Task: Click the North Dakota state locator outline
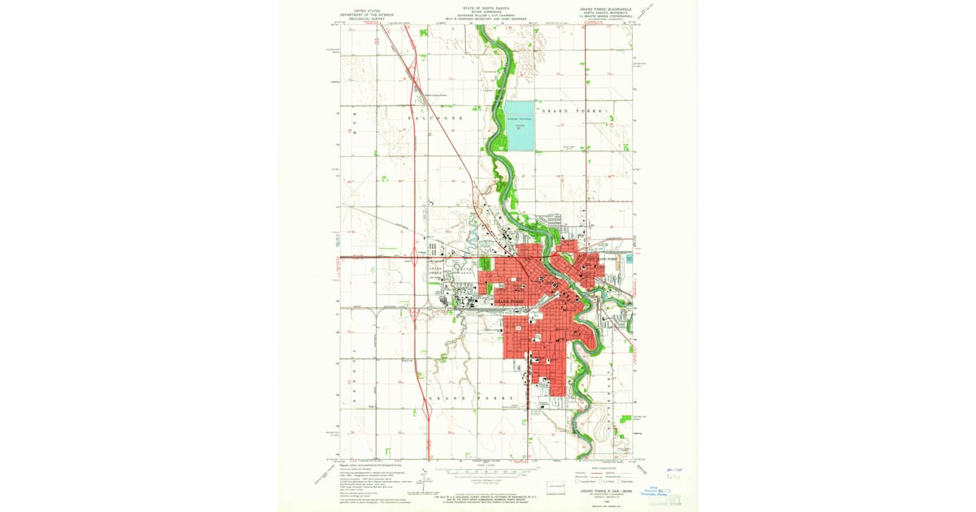[x=556, y=486]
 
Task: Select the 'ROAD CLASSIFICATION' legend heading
[x=603, y=468]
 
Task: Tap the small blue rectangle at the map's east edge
[x=629, y=260]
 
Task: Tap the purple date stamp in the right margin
[x=674, y=469]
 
